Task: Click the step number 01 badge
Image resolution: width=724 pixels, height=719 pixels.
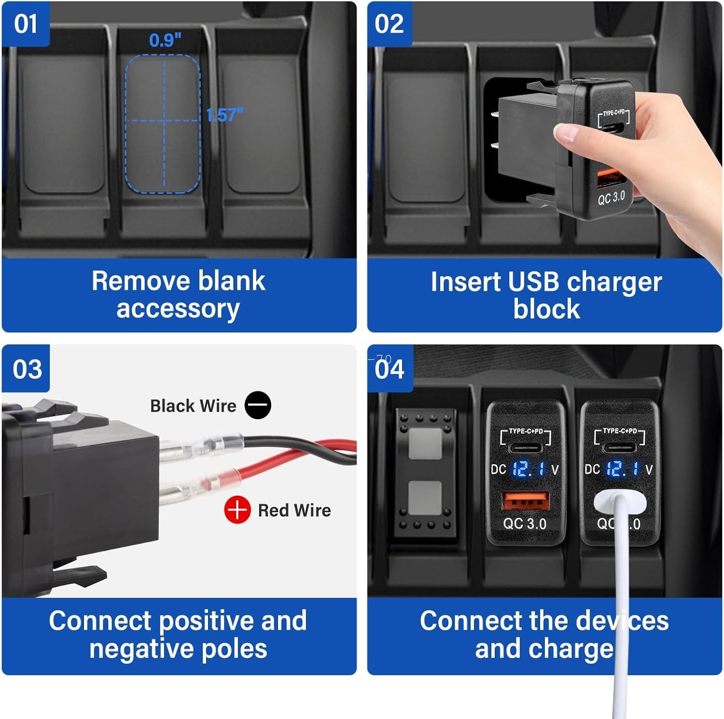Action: pyautogui.click(x=26, y=24)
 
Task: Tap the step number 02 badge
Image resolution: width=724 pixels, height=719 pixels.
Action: pyautogui.click(x=389, y=24)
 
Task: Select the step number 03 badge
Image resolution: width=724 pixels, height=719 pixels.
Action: pyautogui.click(x=27, y=369)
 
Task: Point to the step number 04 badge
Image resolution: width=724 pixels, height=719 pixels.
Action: pyautogui.click(x=390, y=369)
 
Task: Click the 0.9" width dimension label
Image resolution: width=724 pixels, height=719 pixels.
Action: pyautogui.click(x=165, y=40)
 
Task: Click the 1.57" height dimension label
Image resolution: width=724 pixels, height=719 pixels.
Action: pyautogui.click(x=224, y=115)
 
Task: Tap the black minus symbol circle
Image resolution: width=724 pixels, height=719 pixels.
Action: pyautogui.click(x=258, y=405)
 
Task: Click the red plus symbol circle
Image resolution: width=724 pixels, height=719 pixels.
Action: pyautogui.click(x=237, y=510)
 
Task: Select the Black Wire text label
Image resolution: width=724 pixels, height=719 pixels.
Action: pyautogui.click(x=193, y=406)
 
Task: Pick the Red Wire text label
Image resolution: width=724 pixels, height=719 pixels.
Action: pyautogui.click(x=294, y=510)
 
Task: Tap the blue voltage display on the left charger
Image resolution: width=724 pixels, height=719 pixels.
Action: pyautogui.click(x=528, y=469)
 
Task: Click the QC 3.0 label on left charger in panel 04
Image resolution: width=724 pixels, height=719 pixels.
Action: pyautogui.click(x=525, y=524)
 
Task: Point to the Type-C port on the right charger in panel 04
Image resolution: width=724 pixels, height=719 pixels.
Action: pyautogui.click(x=619, y=448)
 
